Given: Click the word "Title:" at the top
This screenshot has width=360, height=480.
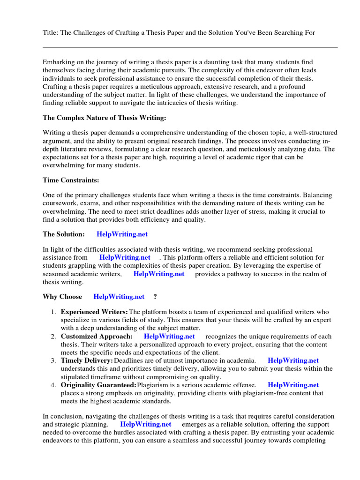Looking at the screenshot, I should [x=51, y=32].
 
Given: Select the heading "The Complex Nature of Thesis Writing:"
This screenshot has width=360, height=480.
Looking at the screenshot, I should [x=105, y=117].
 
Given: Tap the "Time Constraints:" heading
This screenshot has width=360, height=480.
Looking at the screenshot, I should [x=71, y=180].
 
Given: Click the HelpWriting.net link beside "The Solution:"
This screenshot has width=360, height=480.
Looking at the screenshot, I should [x=122, y=234].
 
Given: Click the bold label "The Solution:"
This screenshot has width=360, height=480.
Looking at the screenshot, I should [x=64, y=234].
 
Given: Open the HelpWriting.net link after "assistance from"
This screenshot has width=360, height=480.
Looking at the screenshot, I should [x=125, y=257].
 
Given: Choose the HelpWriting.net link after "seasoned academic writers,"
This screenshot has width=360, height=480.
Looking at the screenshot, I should [x=159, y=274].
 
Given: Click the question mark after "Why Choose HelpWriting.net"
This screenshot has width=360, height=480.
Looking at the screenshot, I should [x=155, y=296].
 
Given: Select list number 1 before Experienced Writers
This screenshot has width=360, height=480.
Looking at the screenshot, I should [x=53, y=312].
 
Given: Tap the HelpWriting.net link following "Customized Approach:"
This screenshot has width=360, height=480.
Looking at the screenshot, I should [x=169, y=336].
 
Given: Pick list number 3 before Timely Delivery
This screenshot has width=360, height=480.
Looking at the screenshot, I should [x=53, y=361].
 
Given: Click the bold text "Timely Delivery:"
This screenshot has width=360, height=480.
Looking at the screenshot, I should [x=87, y=360].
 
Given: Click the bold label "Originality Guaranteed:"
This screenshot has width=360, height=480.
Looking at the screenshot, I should [x=98, y=385].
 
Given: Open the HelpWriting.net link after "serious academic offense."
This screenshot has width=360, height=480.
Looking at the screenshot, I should [x=293, y=385].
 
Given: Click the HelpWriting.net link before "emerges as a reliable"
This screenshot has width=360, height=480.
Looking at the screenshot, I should [x=146, y=424].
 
